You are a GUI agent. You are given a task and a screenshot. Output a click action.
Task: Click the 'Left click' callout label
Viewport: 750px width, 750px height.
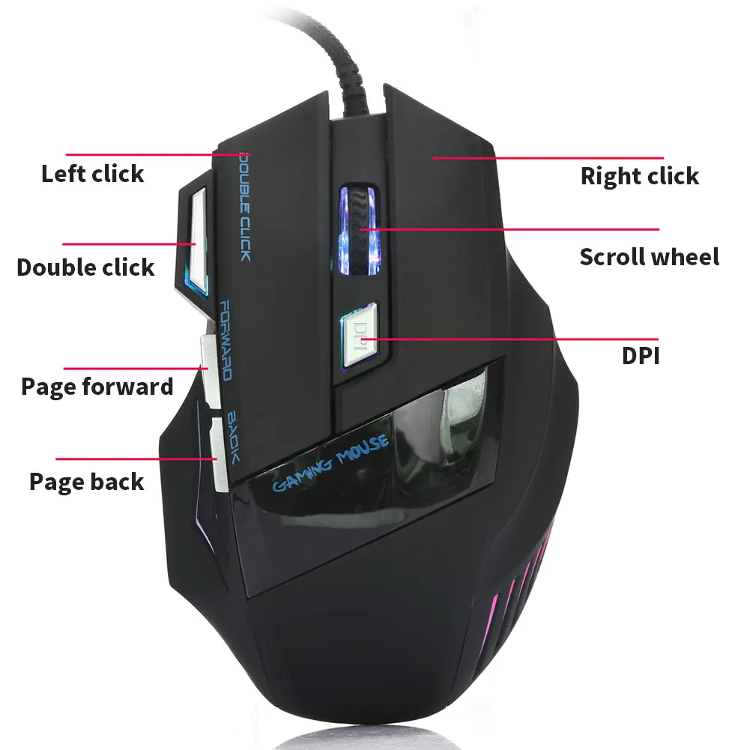(x=93, y=175)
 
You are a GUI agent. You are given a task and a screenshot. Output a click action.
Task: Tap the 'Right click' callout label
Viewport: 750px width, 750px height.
(x=639, y=177)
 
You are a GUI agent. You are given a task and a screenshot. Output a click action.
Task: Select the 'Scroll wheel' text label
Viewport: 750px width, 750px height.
(x=649, y=257)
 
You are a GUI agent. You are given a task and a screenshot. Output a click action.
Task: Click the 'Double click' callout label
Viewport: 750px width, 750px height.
(x=85, y=267)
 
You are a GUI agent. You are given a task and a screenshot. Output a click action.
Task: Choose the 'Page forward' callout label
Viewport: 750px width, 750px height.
(x=97, y=387)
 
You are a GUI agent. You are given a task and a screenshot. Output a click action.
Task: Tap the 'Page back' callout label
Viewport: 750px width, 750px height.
(x=86, y=482)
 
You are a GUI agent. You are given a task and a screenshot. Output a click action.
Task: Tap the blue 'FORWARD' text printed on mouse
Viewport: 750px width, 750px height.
(x=225, y=340)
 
